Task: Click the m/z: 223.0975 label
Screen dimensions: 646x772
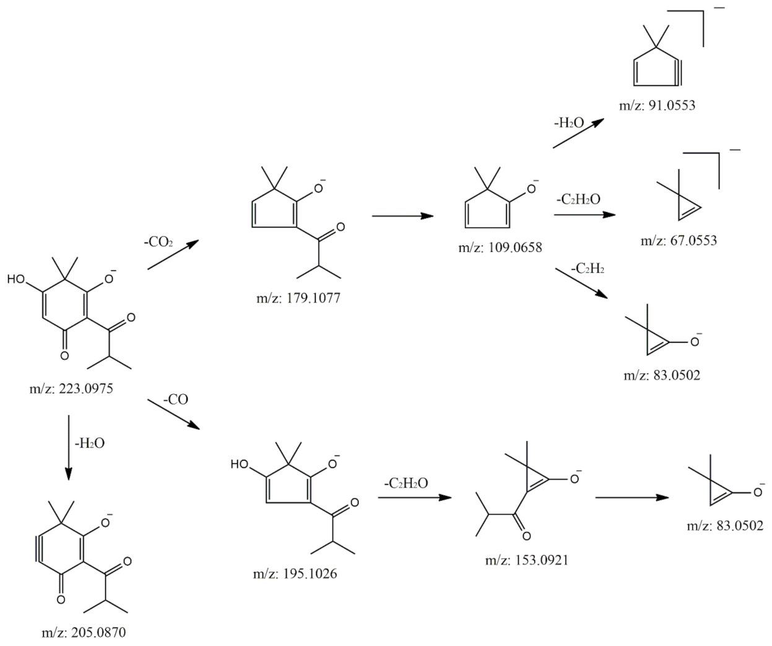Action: point(75,389)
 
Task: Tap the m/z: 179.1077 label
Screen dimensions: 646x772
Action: point(298,299)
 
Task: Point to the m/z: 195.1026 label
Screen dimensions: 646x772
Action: point(295,574)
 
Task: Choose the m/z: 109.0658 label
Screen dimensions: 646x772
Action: point(500,248)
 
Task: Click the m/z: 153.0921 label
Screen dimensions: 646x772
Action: point(527,560)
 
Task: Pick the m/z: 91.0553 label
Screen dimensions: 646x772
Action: point(657,105)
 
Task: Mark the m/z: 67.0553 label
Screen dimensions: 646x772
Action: point(679,240)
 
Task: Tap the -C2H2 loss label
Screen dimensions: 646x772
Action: point(588,269)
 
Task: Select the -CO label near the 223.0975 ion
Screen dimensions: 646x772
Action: point(175,400)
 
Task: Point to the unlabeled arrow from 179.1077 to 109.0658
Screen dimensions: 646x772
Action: point(402,216)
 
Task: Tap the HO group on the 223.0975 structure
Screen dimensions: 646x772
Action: point(17,279)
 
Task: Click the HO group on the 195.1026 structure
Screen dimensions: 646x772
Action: point(240,463)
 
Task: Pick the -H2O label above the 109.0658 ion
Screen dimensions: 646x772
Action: point(568,123)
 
